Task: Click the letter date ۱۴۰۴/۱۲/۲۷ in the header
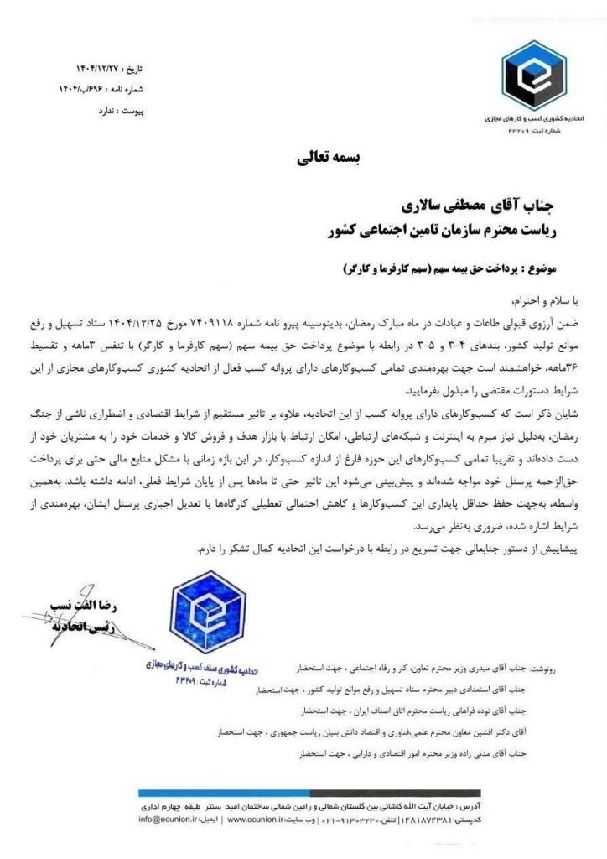87,66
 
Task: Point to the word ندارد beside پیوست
87,110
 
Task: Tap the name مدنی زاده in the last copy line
478,753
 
